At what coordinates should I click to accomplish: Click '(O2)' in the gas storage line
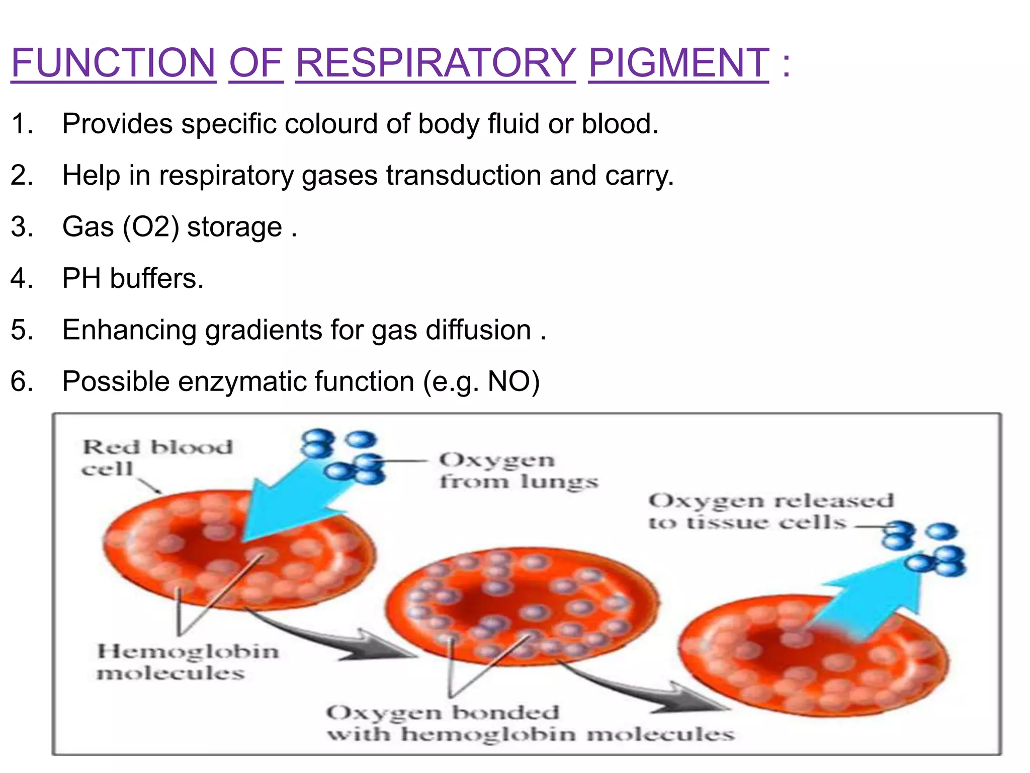coord(151,227)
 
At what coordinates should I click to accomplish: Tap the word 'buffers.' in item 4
coord(157,278)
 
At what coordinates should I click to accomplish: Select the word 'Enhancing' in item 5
coord(129,330)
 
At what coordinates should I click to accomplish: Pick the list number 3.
coord(22,227)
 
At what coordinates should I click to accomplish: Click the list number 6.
coord(22,381)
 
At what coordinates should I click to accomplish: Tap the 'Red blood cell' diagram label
coord(157,457)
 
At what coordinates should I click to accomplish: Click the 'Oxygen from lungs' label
coord(518,470)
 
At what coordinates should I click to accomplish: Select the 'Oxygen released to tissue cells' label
coord(770,511)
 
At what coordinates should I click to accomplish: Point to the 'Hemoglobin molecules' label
coord(187,662)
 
